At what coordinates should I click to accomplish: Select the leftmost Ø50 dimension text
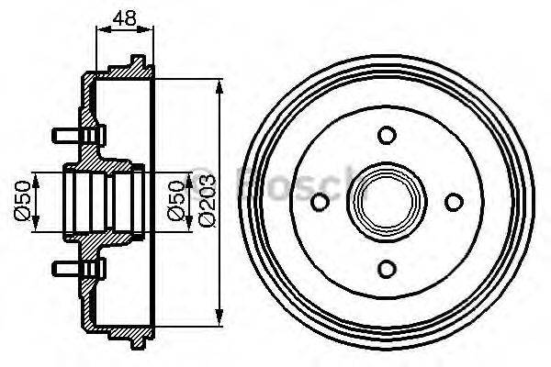click(x=25, y=200)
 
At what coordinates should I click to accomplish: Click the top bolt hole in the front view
click(x=387, y=136)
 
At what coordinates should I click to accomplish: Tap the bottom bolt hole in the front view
click(x=387, y=268)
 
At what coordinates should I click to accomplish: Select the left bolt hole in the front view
click(x=320, y=202)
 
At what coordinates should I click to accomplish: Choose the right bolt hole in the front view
click(x=453, y=202)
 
